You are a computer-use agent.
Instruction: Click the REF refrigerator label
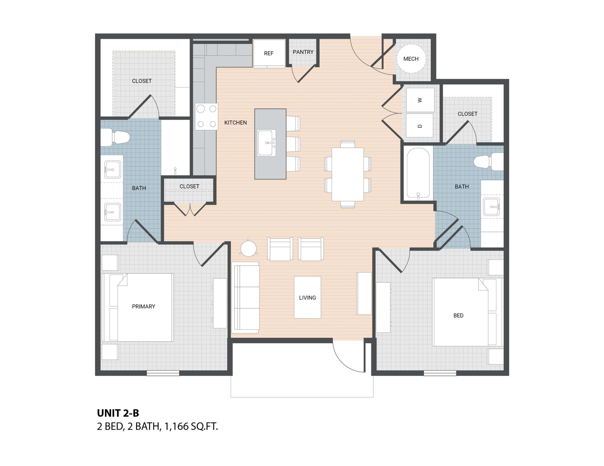pyautogui.click(x=268, y=53)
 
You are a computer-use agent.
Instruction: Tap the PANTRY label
pyautogui.click(x=303, y=52)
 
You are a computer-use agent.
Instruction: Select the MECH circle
pyautogui.click(x=411, y=59)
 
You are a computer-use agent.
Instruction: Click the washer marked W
pyautogui.click(x=420, y=100)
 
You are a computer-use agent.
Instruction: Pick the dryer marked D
pyautogui.click(x=419, y=125)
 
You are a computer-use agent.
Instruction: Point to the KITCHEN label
pyautogui.click(x=235, y=123)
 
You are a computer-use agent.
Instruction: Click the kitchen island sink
pyautogui.click(x=266, y=143)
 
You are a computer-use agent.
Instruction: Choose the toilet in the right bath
pyautogui.click(x=488, y=162)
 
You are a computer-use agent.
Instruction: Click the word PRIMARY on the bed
pyautogui.click(x=143, y=307)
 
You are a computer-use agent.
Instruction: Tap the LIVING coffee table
pyautogui.click(x=307, y=297)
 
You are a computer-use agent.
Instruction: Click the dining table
pyautogui.click(x=348, y=174)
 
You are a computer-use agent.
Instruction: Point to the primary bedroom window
pyautogui.click(x=163, y=373)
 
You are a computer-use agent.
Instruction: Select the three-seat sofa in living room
pyautogui.click(x=246, y=298)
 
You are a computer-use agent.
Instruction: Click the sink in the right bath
pyautogui.click(x=491, y=207)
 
